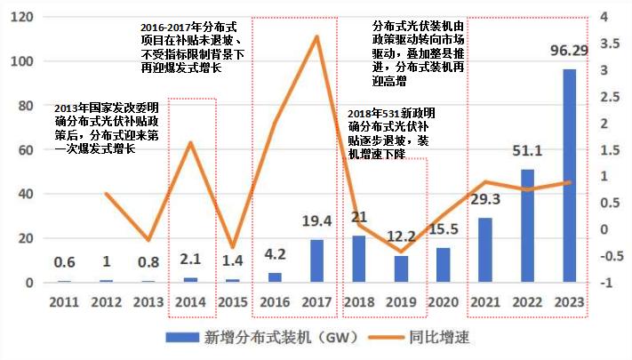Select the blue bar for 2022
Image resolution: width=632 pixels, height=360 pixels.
528,226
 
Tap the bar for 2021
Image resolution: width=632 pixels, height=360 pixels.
484,250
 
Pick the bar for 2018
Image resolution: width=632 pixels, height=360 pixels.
359,259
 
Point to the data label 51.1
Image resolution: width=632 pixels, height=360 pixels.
528,153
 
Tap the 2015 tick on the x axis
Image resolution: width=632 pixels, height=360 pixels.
233,303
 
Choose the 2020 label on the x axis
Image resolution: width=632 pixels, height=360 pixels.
444,303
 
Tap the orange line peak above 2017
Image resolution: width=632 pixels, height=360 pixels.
317,36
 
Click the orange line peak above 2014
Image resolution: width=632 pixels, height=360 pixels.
191,142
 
